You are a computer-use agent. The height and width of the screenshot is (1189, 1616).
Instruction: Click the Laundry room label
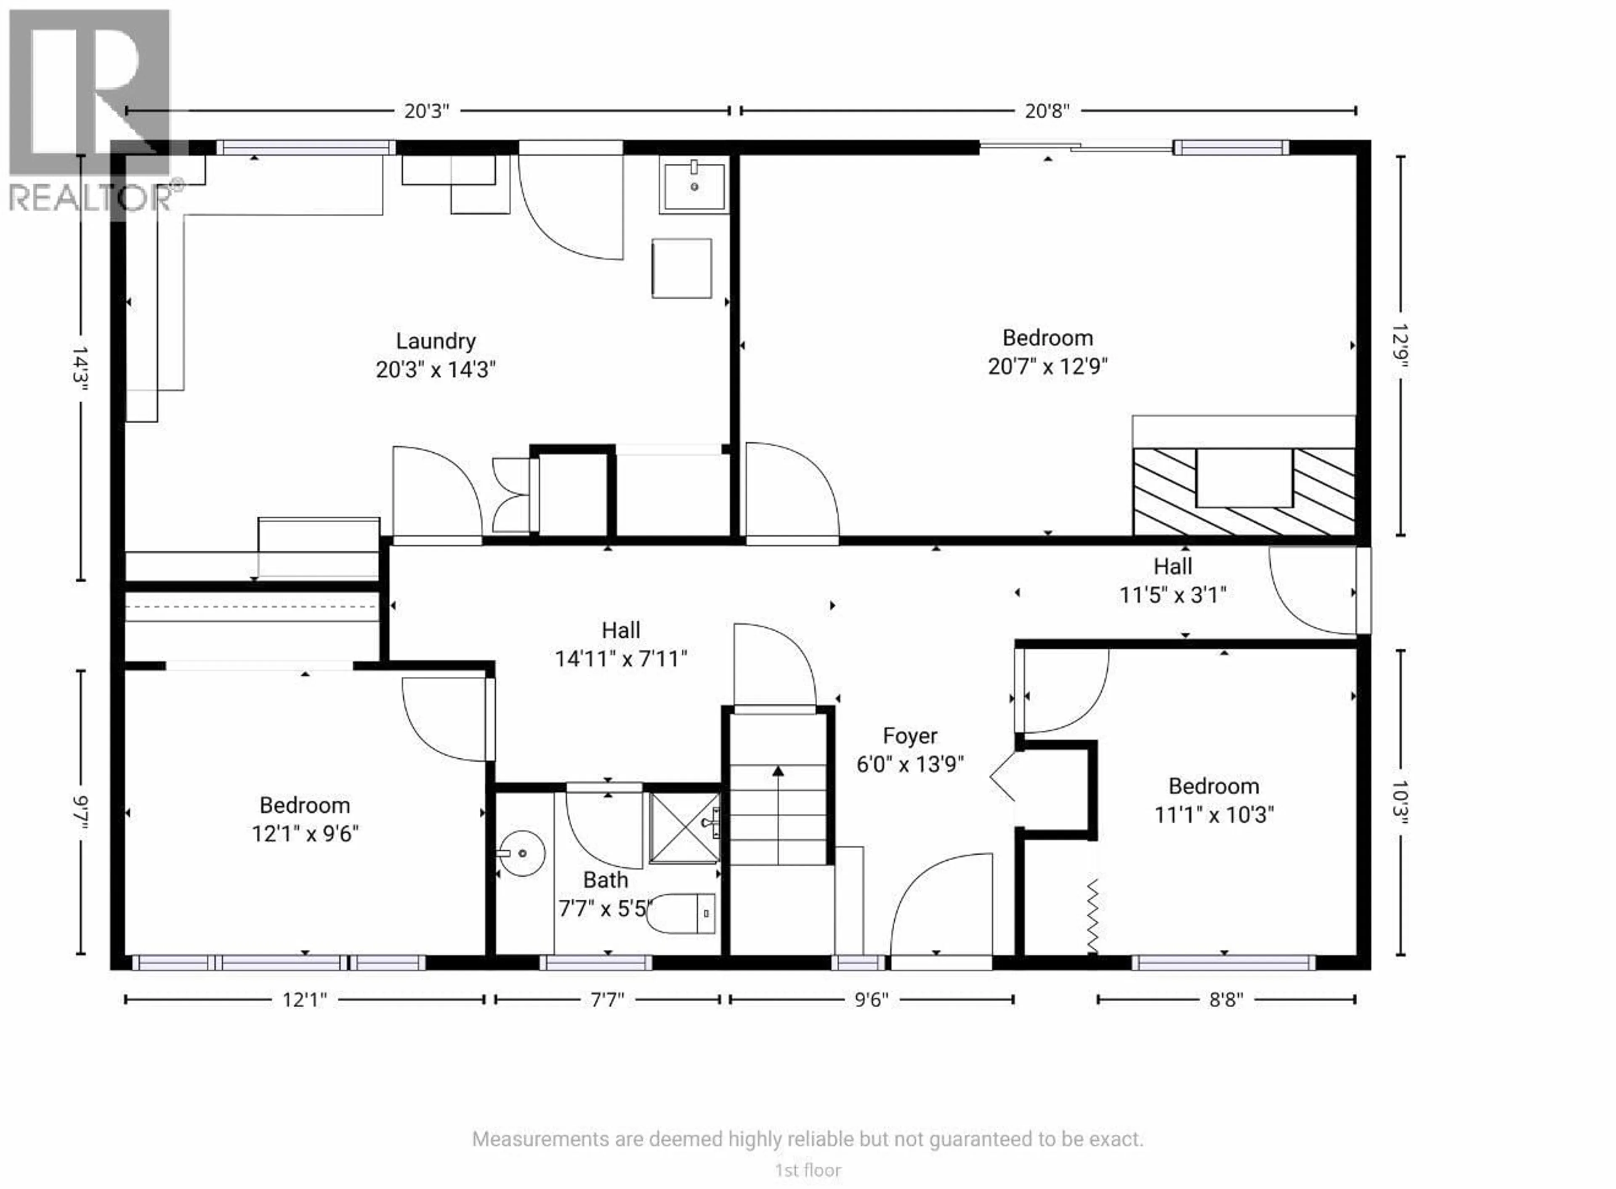pyautogui.click(x=435, y=341)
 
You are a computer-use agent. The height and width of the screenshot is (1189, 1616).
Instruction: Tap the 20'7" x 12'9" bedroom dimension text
pyautogui.click(x=1047, y=366)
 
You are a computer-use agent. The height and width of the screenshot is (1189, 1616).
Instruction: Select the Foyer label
pyautogui.click(x=909, y=736)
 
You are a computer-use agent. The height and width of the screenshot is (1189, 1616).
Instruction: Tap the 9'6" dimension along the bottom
pyautogui.click(x=871, y=1000)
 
